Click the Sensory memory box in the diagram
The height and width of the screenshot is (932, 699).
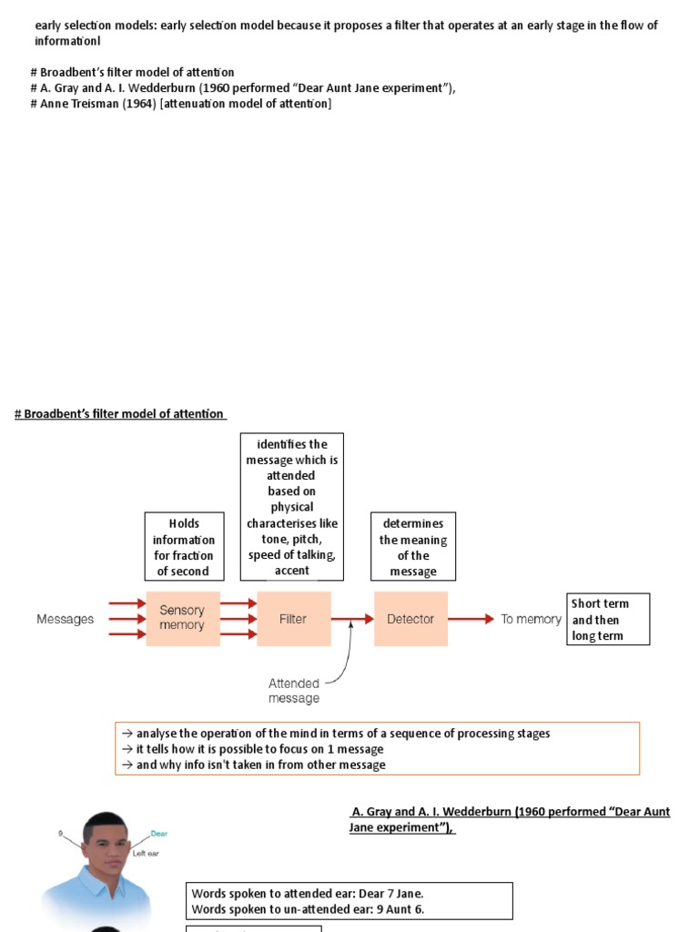(182, 619)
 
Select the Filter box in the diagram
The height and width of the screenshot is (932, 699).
(293, 619)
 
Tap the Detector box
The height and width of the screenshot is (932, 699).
(410, 619)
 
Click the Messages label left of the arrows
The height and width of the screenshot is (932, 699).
(65, 619)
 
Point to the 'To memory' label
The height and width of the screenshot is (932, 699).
(531, 619)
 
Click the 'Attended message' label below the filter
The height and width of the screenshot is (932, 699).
(294, 691)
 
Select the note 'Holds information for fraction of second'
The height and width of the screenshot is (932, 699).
(184, 547)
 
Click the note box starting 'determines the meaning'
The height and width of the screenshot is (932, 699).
(413, 547)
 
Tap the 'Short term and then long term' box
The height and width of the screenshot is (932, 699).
(608, 619)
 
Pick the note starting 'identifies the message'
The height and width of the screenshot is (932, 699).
(291, 507)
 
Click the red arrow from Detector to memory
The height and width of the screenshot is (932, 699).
(471, 619)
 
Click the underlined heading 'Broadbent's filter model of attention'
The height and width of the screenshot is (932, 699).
(120, 414)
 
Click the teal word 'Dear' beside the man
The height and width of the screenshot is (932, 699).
(158, 834)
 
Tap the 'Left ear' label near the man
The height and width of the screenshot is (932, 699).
(147, 853)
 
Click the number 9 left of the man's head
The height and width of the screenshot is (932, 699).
(60, 833)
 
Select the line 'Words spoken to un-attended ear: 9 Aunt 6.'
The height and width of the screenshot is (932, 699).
(308, 909)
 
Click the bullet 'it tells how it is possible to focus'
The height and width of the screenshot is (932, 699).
(255, 749)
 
